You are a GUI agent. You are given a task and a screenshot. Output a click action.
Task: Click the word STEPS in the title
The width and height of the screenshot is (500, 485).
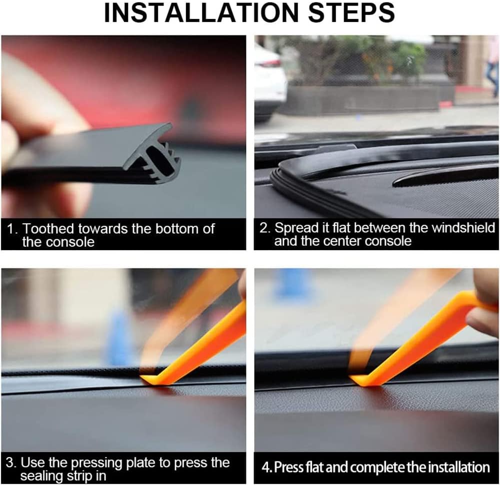pyautogui.click(x=351, y=13)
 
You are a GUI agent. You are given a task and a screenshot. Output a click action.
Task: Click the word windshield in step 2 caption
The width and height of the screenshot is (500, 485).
pyautogui.click(x=463, y=228)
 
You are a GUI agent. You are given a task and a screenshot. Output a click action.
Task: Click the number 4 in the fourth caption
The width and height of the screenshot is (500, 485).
pyautogui.click(x=265, y=467)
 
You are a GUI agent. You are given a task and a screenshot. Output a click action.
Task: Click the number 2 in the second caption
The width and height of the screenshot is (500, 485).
pyautogui.click(x=263, y=228)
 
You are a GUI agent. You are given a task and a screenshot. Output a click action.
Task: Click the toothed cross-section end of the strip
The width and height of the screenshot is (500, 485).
pyautogui.click(x=153, y=153)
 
